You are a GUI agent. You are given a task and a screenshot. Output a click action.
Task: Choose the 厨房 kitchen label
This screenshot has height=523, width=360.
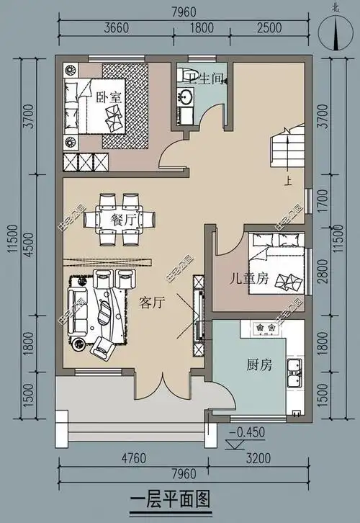[x=257, y=365]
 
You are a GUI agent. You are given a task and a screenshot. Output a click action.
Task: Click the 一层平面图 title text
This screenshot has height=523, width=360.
[x=169, y=499]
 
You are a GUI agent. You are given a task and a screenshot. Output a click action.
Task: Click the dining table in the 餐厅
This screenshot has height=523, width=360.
[x=120, y=217]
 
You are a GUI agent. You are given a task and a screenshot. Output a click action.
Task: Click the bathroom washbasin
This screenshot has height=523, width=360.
[x=186, y=98]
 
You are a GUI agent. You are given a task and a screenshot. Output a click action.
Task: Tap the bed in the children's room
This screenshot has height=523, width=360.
[x=276, y=265]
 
